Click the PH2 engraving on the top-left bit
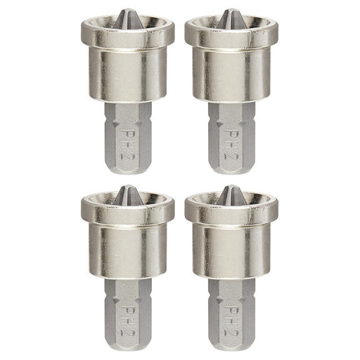pos(127,139)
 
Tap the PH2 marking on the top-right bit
pos(231,139)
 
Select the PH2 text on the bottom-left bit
pos(127,316)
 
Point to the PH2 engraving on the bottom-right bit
pos(231,316)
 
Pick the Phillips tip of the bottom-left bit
pos(127,195)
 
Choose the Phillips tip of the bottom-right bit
pos(231,195)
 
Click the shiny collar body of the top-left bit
pos(127,74)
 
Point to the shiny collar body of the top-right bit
pos(231,74)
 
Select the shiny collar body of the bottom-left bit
pos(127,251)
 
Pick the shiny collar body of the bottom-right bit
pos(231,251)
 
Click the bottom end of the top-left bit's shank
pos(127,169)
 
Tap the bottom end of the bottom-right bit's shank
pos(231,346)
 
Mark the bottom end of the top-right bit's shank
pos(231,169)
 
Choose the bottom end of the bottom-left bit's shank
pos(127,346)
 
